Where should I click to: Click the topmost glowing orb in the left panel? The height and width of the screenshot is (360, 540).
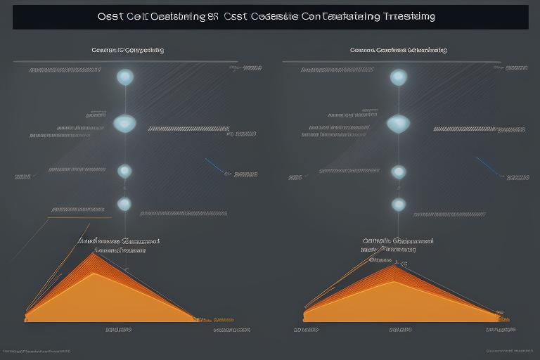[x=125, y=77]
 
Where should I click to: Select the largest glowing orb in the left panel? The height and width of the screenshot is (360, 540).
[x=124, y=123]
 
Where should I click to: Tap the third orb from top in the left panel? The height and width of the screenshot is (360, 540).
[x=124, y=171]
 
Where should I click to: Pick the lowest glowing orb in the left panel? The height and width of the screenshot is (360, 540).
[x=124, y=204]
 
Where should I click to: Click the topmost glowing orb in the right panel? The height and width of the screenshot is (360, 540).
[x=399, y=77]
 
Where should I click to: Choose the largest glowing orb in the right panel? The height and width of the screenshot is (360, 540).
[x=398, y=124]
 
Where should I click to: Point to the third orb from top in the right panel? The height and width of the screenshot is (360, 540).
[x=399, y=172]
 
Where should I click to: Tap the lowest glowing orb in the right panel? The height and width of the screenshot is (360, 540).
[x=399, y=205]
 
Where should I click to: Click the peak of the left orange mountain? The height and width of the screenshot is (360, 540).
[x=93, y=255]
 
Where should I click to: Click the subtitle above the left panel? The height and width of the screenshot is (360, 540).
[x=128, y=51]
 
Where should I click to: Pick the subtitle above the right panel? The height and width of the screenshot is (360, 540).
[x=398, y=51]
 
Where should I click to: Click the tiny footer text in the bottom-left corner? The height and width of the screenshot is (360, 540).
[x=37, y=350]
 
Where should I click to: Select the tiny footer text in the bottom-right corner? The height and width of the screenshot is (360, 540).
[x=510, y=350]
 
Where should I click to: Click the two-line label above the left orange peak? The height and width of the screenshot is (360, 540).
[x=118, y=245]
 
